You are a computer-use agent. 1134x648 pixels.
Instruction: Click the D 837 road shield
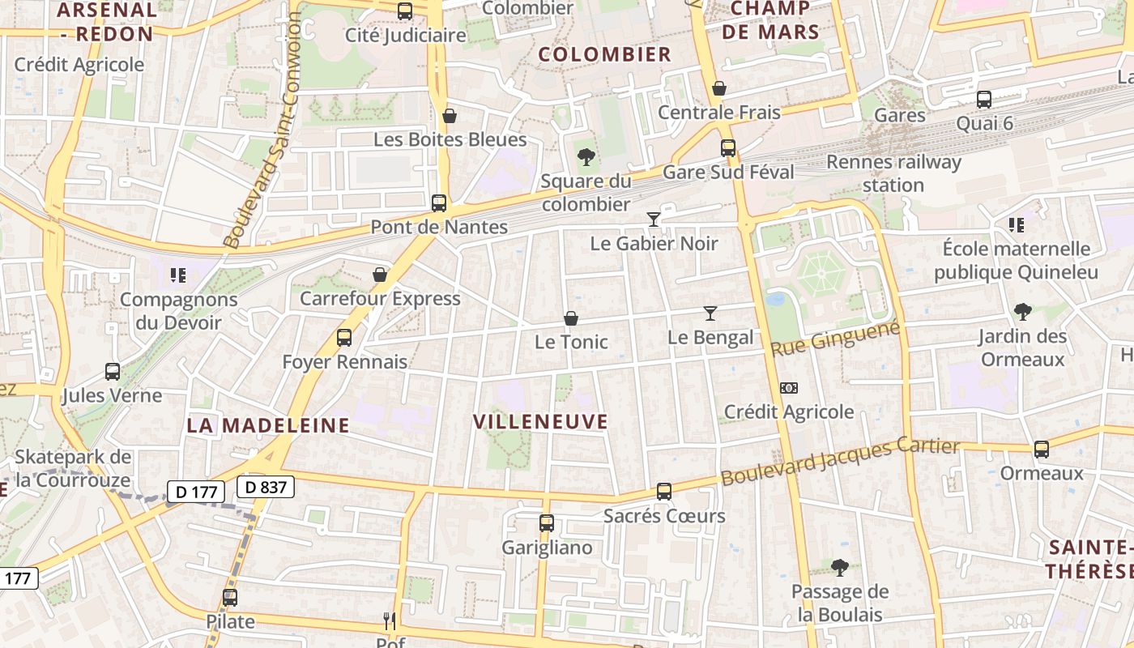(x=265, y=487)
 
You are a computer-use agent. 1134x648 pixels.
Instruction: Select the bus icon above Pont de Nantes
(x=439, y=203)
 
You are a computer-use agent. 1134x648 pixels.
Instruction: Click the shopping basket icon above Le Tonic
(x=571, y=318)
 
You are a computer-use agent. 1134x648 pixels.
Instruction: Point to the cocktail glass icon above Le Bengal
(x=710, y=313)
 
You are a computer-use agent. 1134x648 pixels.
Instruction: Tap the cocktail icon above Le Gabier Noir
(x=654, y=220)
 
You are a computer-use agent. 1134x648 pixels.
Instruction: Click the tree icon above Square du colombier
(x=586, y=157)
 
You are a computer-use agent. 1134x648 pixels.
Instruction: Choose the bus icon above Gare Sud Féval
(x=728, y=148)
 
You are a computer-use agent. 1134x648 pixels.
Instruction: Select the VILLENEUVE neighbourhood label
(x=540, y=421)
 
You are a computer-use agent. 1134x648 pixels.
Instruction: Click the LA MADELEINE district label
(x=268, y=424)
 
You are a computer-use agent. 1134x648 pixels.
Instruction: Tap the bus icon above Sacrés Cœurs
(x=664, y=492)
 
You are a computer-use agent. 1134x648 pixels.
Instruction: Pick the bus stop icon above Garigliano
(x=547, y=523)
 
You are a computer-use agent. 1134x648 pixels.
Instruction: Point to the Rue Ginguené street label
(x=835, y=339)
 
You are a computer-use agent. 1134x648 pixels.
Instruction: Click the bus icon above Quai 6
(x=984, y=100)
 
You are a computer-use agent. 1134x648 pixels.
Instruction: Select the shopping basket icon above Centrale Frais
(x=719, y=88)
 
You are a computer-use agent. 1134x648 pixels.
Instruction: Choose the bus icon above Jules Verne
(x=113, y=372)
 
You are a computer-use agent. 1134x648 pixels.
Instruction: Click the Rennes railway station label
(x=893, y=173)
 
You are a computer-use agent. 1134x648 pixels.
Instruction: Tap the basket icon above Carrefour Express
(x=380, y=275)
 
